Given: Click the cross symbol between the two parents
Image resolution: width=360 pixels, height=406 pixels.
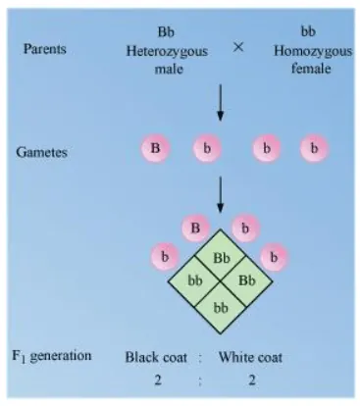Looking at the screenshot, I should [236, 45].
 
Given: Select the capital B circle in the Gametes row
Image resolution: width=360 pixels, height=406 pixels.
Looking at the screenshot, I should [155, 149].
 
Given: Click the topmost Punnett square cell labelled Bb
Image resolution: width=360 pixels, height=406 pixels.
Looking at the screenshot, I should [221, 259].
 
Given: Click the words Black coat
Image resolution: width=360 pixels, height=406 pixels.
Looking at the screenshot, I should [156, 357].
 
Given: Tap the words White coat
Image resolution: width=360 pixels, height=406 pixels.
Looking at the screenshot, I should [250, 357].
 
